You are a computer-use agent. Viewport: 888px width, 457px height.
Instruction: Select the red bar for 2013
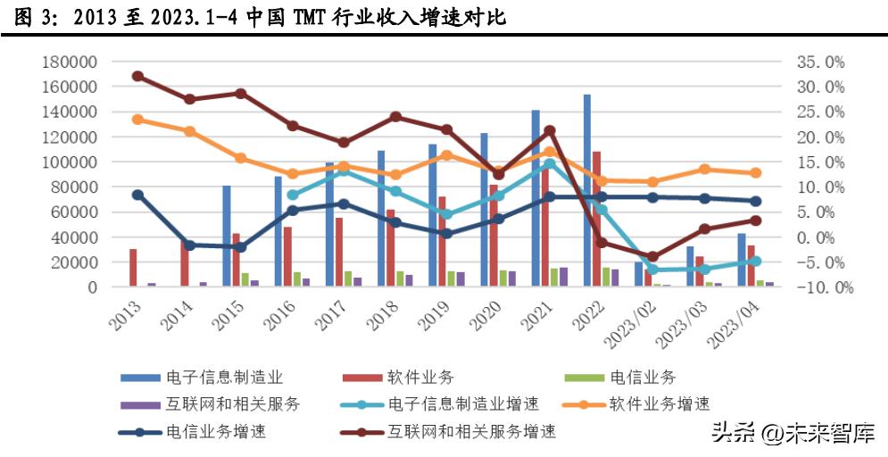tap(133, 268)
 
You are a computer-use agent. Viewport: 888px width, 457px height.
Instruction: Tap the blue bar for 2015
tap(227, 236)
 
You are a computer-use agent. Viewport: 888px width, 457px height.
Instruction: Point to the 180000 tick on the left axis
tap(70, 62)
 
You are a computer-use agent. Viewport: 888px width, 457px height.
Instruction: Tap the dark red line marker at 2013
tap(137, 76)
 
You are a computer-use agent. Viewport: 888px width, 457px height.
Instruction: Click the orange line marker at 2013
tap(137, 119)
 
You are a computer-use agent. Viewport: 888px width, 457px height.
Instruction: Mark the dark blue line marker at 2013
tap(137, 195)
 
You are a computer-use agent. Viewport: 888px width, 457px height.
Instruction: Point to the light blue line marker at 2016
tap(293, 195)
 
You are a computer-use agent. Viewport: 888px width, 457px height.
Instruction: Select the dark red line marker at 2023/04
tap(756, 220)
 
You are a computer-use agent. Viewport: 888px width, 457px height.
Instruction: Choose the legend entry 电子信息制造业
tap(225, 378)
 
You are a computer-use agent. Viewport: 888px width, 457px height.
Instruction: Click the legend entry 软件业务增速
tap(660, 404)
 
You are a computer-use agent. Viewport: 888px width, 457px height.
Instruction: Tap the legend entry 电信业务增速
tap(216, 432)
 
